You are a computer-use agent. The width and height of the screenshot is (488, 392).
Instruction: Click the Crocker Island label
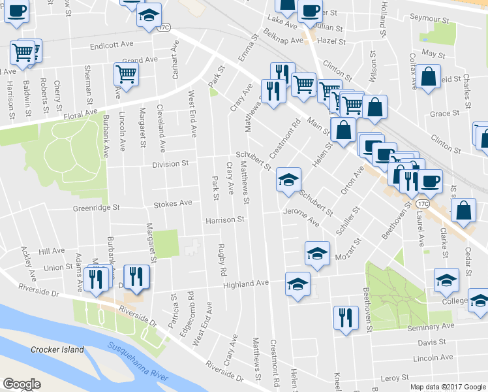[57, 350]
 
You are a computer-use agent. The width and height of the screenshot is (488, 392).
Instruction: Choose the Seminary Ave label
[430, 326]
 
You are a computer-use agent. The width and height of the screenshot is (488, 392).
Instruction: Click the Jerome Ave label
[301, 217]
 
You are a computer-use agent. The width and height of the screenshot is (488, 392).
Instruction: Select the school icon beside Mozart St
[317, 253]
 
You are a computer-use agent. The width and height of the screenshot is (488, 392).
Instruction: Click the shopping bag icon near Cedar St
[463, 210]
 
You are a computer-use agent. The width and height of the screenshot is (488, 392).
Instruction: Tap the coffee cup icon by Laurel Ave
[430, 180]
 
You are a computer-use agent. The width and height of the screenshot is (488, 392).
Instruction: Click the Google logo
[22, 384]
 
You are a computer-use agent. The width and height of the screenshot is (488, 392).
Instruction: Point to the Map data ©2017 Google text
[448, 387]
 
